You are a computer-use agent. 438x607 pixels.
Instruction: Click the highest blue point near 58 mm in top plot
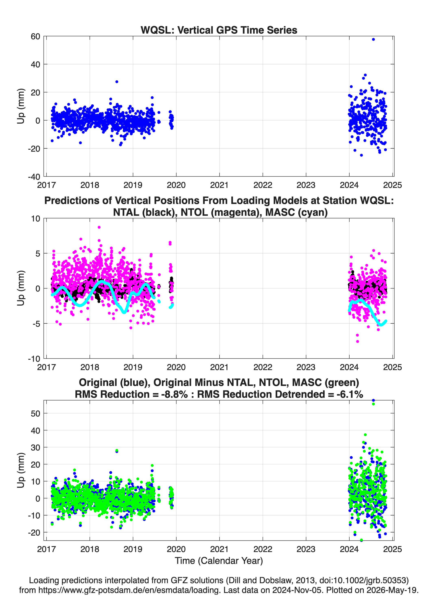[x=373, y=39]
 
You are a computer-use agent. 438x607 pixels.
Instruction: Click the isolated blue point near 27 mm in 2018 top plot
[x=117, y=82]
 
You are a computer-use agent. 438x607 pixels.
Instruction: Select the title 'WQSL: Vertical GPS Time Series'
[x=219, y=30]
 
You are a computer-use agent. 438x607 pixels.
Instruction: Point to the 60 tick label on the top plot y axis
[x=35, y=36]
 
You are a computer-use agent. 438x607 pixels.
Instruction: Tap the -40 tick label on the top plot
[x=34, y=177]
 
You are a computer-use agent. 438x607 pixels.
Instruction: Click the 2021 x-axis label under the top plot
[x=219, y=185]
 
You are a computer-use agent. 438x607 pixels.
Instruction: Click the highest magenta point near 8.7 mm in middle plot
[x=99, y=227]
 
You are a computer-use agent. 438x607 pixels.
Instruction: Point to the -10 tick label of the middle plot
[x=34, y=359]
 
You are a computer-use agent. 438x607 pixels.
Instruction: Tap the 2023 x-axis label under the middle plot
[x=306, y=367]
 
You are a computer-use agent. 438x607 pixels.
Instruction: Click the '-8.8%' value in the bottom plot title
[x=174, y=394]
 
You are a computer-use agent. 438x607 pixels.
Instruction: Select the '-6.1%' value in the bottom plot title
[x=350, y=394]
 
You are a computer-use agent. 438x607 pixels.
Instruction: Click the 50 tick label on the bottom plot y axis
[x=35, y=413]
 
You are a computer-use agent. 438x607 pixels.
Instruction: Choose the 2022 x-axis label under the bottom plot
[x=263, y=549]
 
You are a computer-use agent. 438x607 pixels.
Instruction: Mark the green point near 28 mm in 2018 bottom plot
[x=117, y=450]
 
